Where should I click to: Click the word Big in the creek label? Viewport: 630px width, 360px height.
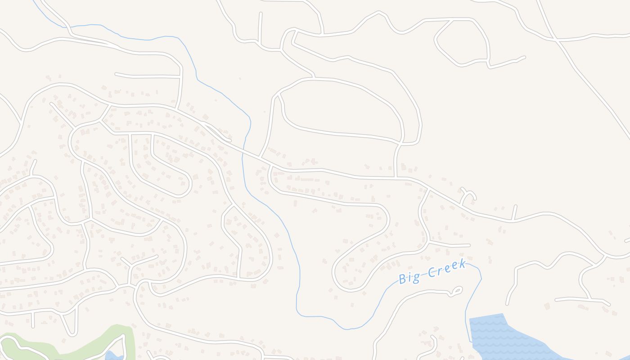point(409,278)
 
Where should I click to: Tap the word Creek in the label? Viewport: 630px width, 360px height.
point(446,268)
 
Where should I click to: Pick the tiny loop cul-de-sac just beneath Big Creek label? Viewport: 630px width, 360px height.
point(456,291)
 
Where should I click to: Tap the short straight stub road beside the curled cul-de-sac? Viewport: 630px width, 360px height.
point(514,212)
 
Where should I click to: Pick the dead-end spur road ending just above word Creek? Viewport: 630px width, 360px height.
point(468,245)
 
